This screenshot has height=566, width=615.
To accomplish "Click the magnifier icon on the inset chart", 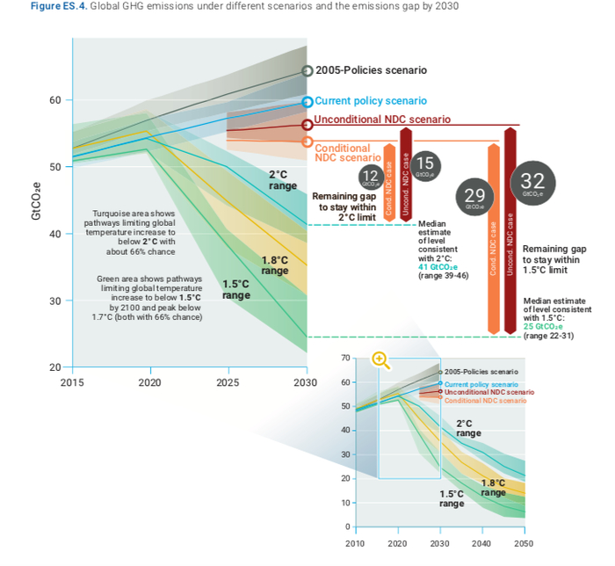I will [x=380, y=359].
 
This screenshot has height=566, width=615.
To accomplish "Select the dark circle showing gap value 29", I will [x=474, y=195].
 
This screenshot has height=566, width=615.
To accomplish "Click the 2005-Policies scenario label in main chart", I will [x=372, y=69].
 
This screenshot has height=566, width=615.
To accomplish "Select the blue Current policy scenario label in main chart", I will [x=371, y=101].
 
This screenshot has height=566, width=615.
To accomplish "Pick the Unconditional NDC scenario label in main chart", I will [x=383, y=119].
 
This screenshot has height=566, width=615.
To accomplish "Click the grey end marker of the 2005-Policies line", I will [x=307, y=70].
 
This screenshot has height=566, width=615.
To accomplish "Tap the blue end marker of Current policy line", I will [x=307, y=102].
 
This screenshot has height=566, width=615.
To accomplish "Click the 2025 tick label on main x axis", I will [x=228, y=383].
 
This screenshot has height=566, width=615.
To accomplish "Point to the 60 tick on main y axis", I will [x=54, y=100].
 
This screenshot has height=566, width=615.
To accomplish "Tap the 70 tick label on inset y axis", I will [x=346, y=359].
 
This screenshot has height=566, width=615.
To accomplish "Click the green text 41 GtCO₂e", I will [x=438, y=267].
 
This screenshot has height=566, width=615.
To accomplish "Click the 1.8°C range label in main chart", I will [x=275, y=265].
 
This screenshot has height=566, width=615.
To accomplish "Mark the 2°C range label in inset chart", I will [x=468, y=428].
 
